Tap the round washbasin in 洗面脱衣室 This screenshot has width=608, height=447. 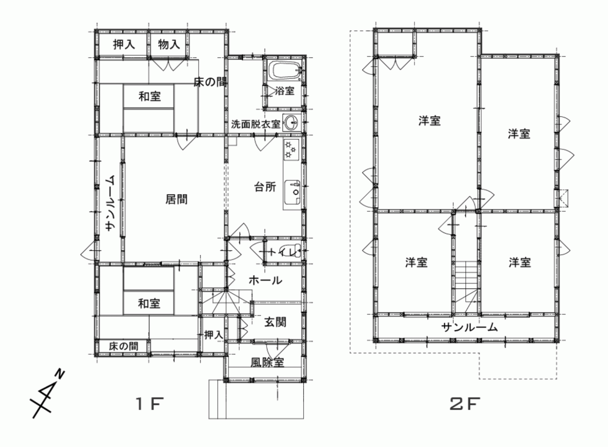(x=291, y=123)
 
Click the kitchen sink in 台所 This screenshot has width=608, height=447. (x=293, y=192)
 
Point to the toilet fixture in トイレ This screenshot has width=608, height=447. (x=296, y=251)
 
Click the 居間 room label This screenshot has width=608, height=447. (x=176, y=199)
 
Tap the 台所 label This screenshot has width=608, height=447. (x=265, y=187)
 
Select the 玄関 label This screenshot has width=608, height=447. (x=275, y=322)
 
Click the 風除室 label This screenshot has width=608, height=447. (x=268, y=362)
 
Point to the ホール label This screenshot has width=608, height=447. (x=265, y=280)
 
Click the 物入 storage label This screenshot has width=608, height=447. (x=169, y=44)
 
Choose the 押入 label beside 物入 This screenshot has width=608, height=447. (x=124, y=44)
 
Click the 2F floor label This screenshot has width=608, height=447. (x=465, y=404)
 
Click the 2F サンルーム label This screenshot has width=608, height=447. (x=469, y=327)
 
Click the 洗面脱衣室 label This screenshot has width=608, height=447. (x=256, y=124)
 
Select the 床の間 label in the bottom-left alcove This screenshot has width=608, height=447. (x=124, y=346)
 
